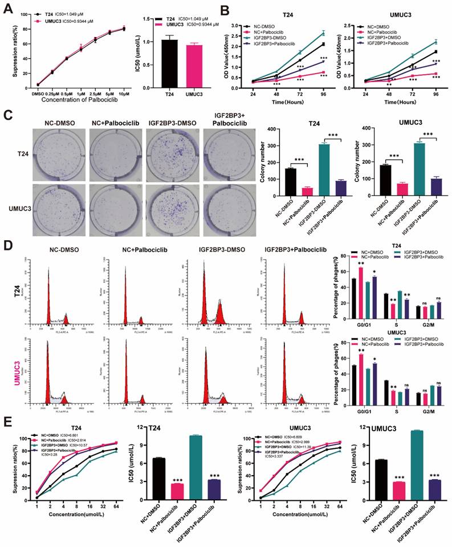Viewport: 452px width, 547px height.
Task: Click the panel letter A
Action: pos(7,8)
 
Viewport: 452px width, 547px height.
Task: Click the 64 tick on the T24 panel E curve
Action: pos(116,509)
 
